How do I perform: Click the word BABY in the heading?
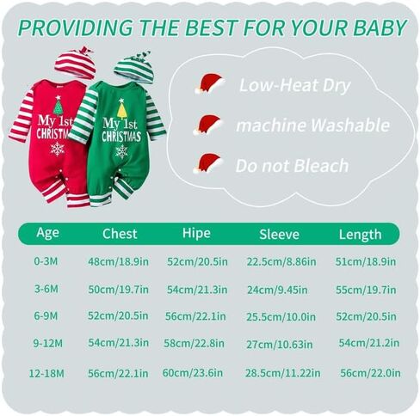(380, 28)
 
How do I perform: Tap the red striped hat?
(75, 63)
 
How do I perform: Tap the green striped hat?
(135, 68)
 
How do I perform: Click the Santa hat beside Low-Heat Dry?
(210, 83)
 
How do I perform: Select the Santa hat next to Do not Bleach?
(207, 163)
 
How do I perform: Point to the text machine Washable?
(312, 125)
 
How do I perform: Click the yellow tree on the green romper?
(122, 109)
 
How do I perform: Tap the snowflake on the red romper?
(57, 149)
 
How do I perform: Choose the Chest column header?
(120, 234)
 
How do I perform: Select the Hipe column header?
(196, 233)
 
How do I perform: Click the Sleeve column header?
(279, 235)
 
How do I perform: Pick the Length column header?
(361, 235)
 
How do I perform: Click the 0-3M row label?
(46, 261)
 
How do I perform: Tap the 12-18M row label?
(46, 374)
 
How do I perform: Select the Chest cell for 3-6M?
(119, 290)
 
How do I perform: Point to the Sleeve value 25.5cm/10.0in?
(281, 317)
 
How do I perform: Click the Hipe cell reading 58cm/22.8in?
(194, 343)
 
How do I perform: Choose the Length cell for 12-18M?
(370, 373)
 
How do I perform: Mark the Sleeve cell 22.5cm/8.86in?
(281, 261)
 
